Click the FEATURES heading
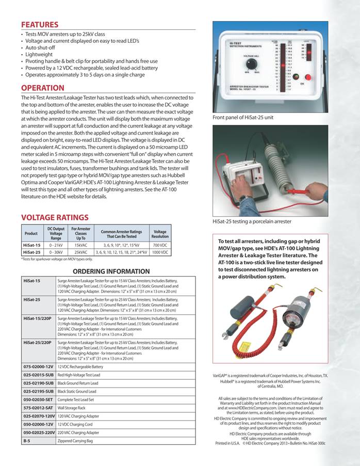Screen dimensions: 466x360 tap(40, 25)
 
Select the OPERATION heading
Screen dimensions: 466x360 tap(43, 88)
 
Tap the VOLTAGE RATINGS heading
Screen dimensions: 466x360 tap(55, 218)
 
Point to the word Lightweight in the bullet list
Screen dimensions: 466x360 tap(38, 54)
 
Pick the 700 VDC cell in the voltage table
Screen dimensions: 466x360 tap(160, 245)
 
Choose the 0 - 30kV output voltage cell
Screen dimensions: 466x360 tap(55, 252)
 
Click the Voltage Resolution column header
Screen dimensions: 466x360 tap(160, 233)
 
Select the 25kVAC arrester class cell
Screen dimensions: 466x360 tap(81, 252)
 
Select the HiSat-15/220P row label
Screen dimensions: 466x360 tap(38, 319)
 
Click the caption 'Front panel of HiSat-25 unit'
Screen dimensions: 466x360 tap(243, 118)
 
